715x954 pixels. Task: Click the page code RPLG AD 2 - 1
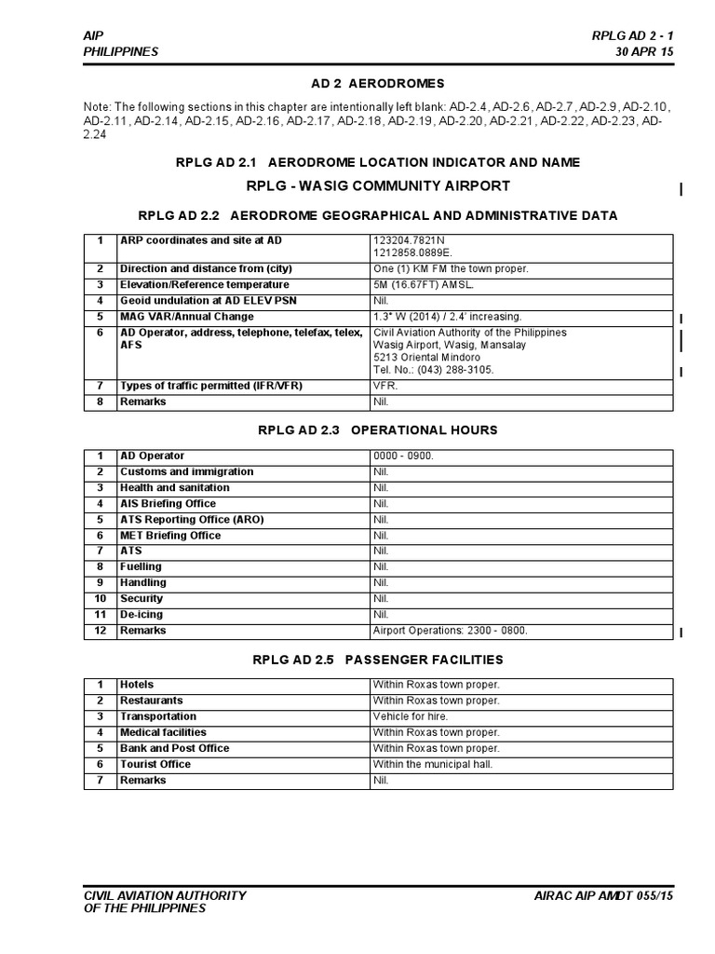(632, 35)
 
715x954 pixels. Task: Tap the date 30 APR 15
(644, 51)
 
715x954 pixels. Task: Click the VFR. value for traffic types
(385, 386)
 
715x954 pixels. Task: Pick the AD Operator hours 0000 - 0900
(404, 457)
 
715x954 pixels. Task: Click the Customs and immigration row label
(186, 472)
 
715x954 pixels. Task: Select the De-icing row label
(141, 615)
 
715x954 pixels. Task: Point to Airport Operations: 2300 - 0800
(451, 631)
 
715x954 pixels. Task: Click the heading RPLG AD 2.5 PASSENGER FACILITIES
(378, 660)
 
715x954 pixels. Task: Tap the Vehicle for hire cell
(411, 716)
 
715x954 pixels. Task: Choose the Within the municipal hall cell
(433, 764)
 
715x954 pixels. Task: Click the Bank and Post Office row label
(174, 748)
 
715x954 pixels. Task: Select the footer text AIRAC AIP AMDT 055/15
(602, 896)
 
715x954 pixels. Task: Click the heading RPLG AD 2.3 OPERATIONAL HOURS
(377, 430)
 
